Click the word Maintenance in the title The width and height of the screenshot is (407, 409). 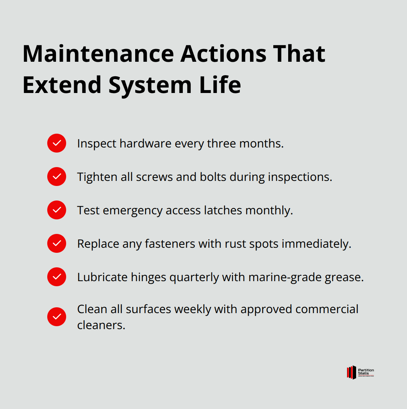tap(98, 54)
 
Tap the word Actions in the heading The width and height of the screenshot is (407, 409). tap(223, 54)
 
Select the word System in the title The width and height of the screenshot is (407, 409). tap(150, 85)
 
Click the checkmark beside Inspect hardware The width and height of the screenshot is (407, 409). tap(57, 143)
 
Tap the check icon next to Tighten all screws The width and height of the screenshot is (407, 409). tap(57, 177)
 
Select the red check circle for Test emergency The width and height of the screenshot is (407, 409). tap(57, 210)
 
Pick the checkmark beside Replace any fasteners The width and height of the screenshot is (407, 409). tap(57, 243)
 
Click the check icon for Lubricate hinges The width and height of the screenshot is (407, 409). tap(57, 277)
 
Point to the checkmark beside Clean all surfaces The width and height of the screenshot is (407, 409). tap(57, 317)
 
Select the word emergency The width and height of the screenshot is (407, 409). tap(133, 211)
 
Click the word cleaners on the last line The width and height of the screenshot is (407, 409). tap(101, 325)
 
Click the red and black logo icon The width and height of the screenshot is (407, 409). tap(351, 372)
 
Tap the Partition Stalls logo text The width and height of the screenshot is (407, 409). tap(366, 372)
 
